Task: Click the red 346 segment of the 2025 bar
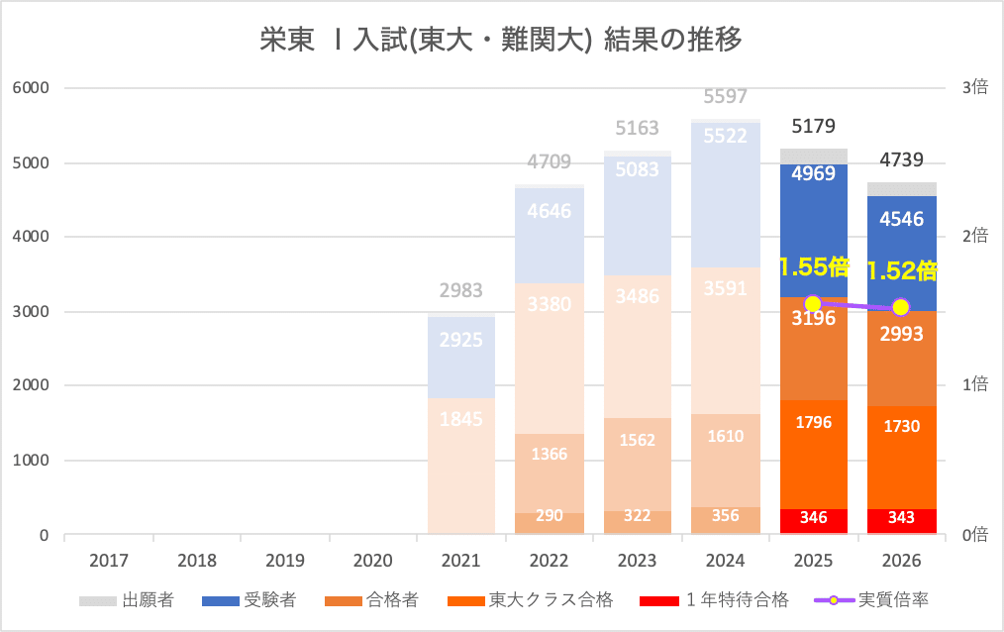tap(813, 518)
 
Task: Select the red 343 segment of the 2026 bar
tap(901, 519)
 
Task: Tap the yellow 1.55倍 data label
tap(814, 267)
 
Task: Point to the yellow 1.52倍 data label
tap(902, 270)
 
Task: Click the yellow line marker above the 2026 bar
tap(901, 307)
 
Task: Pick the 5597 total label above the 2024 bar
tap(725, 97)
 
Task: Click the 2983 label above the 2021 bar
tap(460, 290)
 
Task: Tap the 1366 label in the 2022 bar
tap(549, 454)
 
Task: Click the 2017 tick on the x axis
tap(109, 561)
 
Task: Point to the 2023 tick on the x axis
tap(637, 561)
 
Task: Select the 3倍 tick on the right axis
tap(974, 88)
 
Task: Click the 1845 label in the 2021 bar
tap(460, 418)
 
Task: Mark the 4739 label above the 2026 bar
tap(901, 161)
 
